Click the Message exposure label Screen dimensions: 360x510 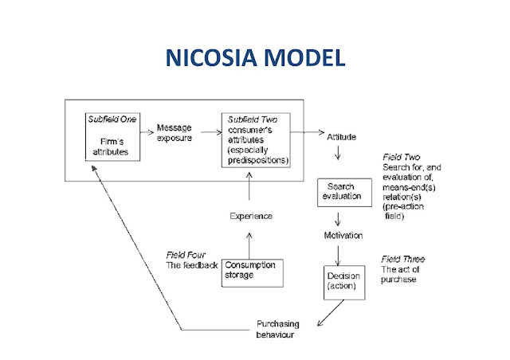177,133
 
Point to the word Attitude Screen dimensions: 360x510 342,137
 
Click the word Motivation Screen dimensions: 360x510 343,236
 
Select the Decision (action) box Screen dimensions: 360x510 343,281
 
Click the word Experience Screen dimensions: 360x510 252,216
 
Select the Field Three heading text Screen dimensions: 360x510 403,260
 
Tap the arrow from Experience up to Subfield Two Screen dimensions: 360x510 252,187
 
